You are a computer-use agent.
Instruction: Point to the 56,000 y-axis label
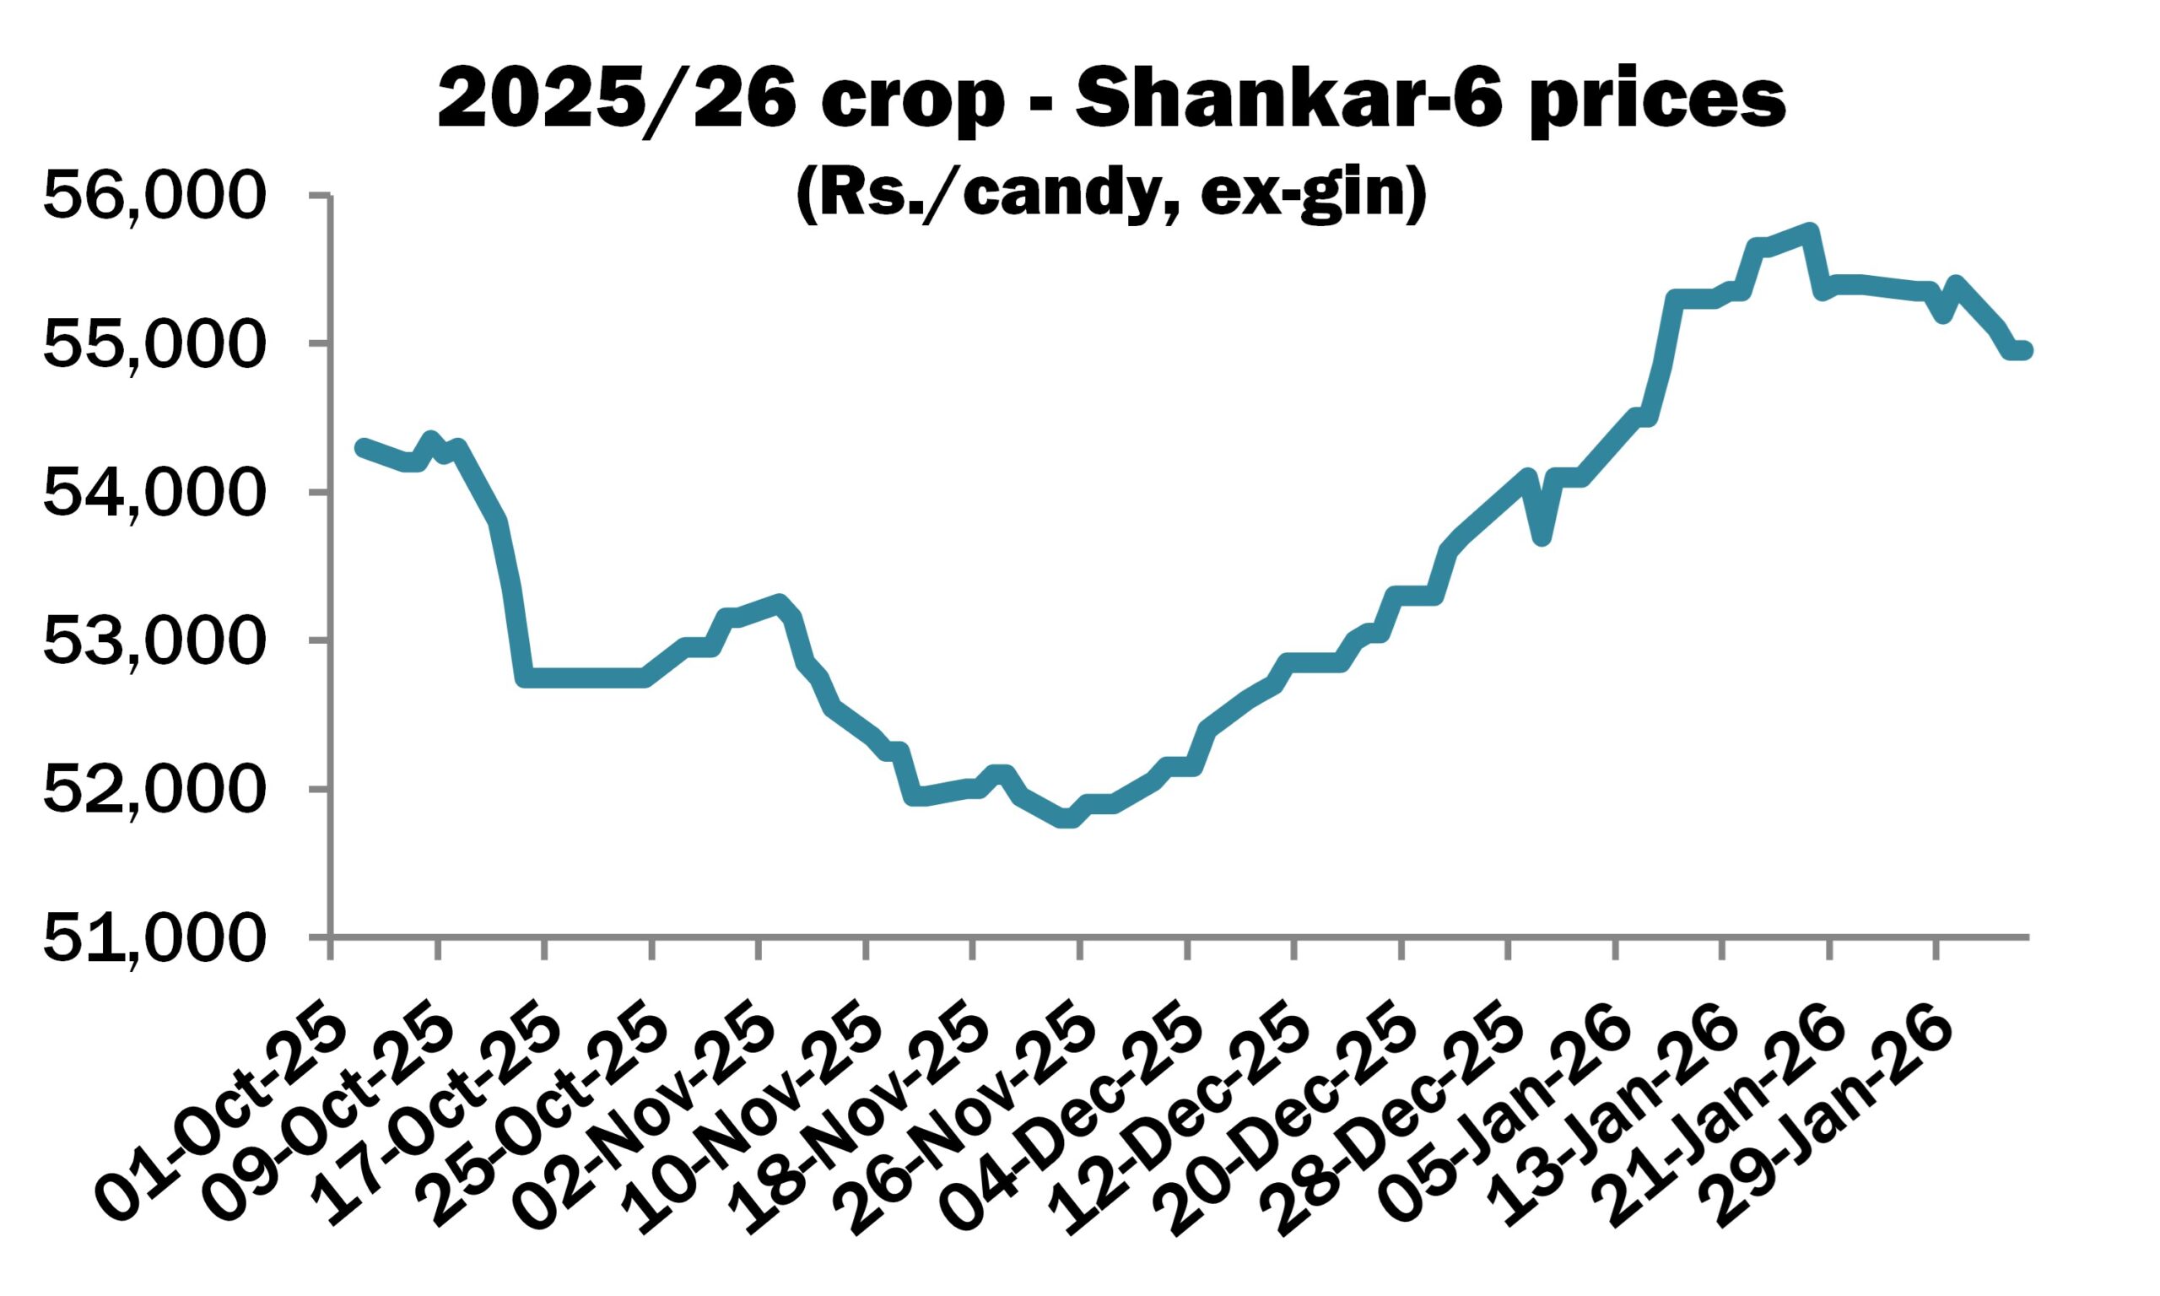(x=153, y=196)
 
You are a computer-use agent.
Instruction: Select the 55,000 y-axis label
(x=153, y=344)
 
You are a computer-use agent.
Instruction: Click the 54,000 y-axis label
(x=153, y=493)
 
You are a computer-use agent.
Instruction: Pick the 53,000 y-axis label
(x=153, y=641)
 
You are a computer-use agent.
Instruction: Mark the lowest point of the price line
(x=1066, y=819)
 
